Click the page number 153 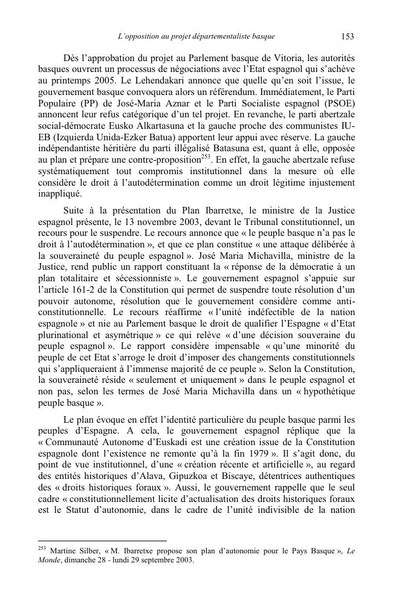pyautogui.click(x=347, y=37)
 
